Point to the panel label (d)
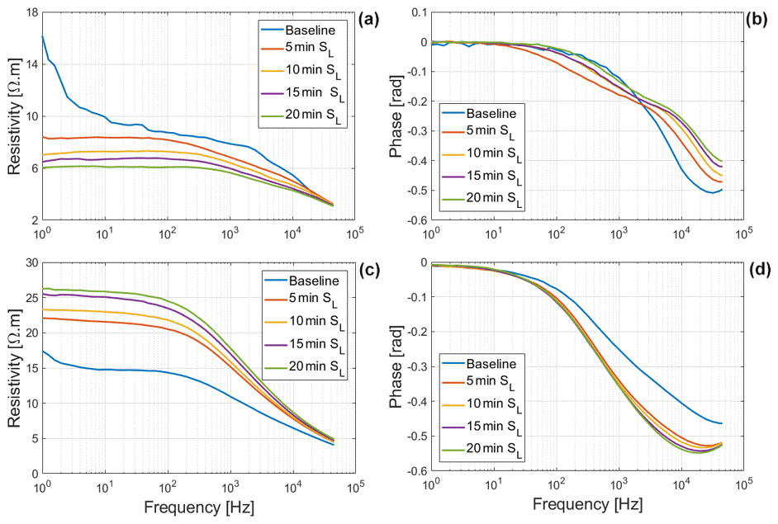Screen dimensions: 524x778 tap(759, 269)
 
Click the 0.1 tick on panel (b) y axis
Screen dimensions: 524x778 tap(415, 12)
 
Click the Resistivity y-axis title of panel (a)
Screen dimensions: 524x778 tap(12, 116)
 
